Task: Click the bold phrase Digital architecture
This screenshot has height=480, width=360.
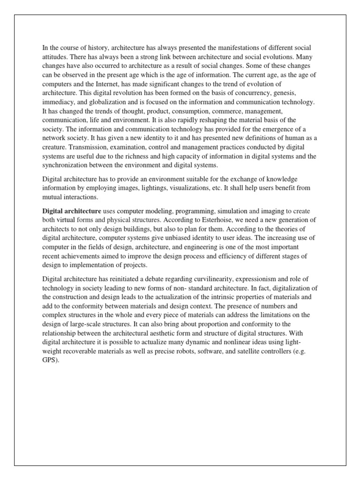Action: [x=71, y=211]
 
